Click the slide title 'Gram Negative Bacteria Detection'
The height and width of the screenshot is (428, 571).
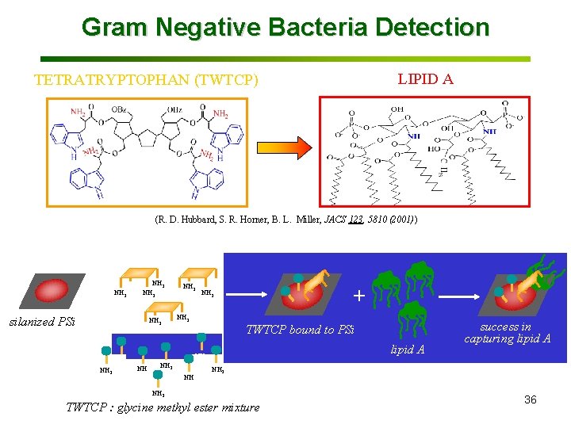(285, 27)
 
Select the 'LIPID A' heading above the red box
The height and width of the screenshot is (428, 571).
(425, 78)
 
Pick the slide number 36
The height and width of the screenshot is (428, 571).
(530, 399)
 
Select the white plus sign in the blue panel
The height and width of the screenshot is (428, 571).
(359, 296)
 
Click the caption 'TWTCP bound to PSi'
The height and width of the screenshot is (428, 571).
(300, 330)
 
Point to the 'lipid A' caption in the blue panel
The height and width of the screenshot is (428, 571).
(408, 349)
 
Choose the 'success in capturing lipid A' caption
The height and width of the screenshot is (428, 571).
(508, 333)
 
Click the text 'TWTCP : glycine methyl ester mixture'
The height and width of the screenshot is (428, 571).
(163, 407)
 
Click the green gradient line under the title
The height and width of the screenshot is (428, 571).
(285, 59)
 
